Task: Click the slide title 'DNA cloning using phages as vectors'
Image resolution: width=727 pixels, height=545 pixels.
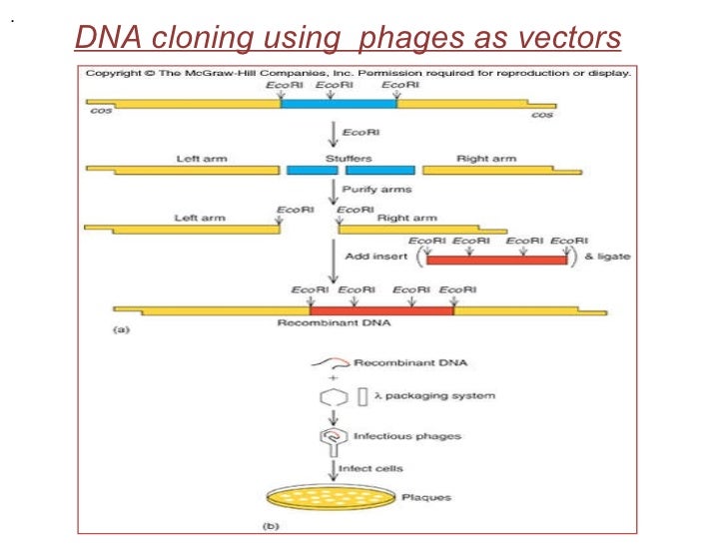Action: (x=349, y=38)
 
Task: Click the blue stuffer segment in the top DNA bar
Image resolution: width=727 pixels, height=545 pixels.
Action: (x=338, y=102)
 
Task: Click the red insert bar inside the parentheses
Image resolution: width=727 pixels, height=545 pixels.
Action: (x=496, y=260)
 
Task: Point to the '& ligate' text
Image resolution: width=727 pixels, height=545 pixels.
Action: (x=607, y=258)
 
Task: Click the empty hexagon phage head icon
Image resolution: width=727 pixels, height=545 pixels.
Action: (x=333, y=397)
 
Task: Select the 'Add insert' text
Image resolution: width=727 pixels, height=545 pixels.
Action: (x=370, y=257)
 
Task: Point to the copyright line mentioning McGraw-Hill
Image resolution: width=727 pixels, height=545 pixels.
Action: (x=358, y=73)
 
